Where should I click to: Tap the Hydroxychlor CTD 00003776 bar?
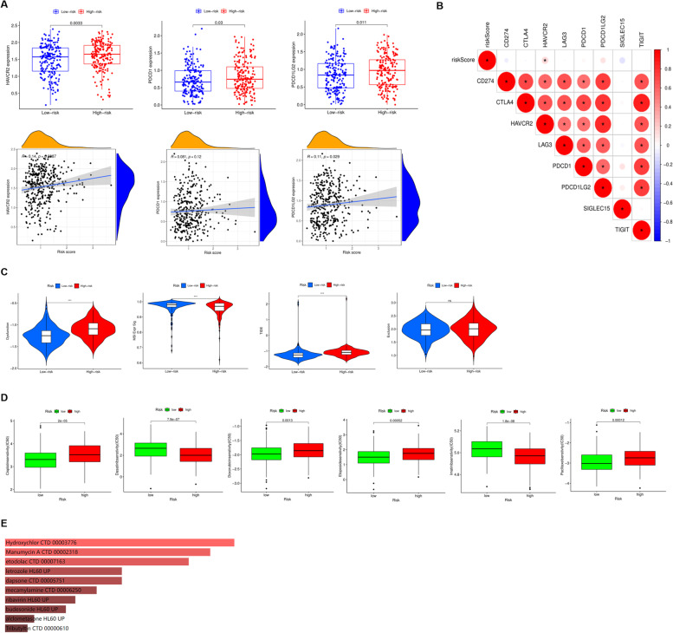coord(120,543)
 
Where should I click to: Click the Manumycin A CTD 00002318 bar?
coord(107,551)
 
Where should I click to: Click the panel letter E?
coord(6,525)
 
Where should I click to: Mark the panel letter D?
coord(6,400)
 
